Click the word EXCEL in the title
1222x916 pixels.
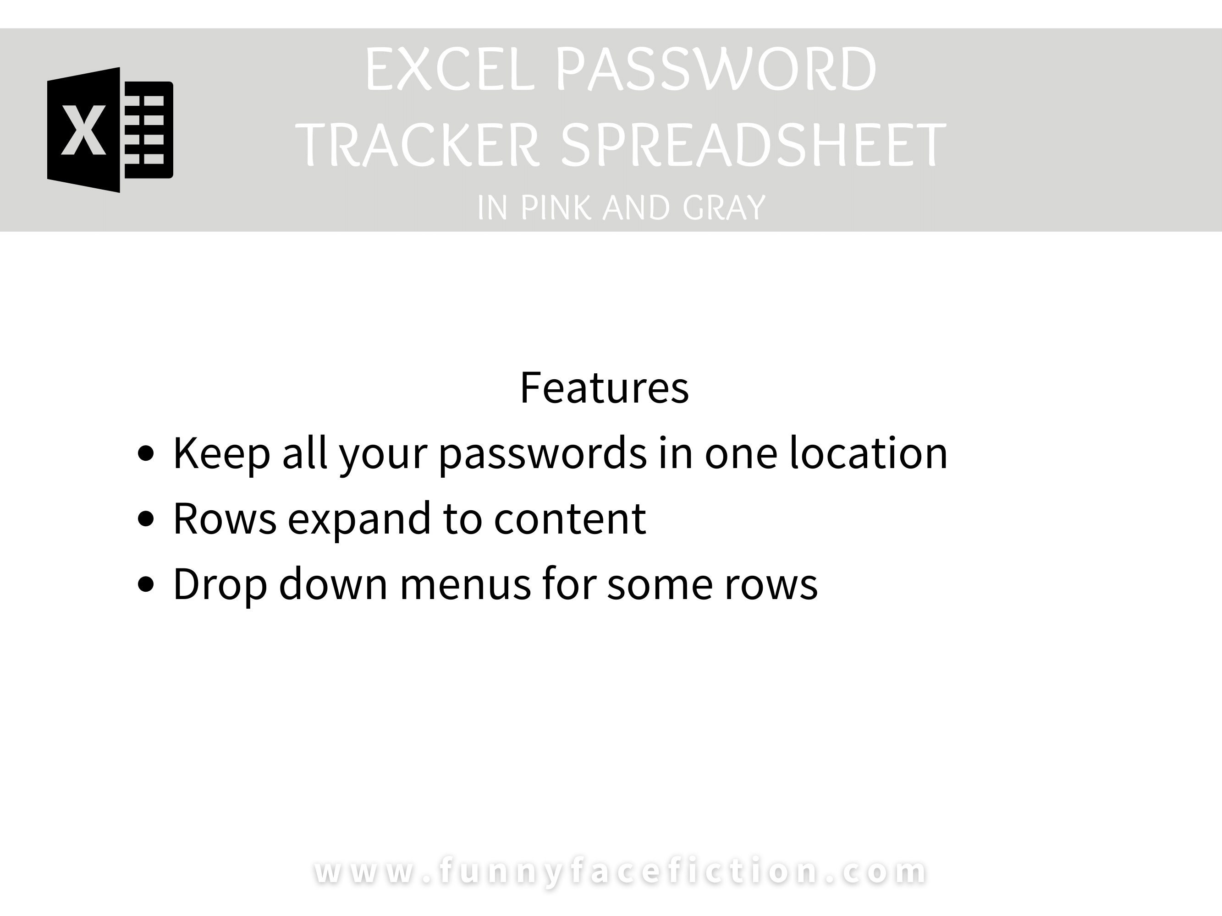coord(450,70)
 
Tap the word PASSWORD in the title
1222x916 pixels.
coord(716,70)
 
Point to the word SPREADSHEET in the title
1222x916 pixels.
coord(754,145)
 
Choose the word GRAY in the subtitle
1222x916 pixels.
coord(724,208)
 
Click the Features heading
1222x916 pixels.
coord(605,387)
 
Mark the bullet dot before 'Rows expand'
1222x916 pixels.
coord(146,519)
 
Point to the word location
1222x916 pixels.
coord(869,453)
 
